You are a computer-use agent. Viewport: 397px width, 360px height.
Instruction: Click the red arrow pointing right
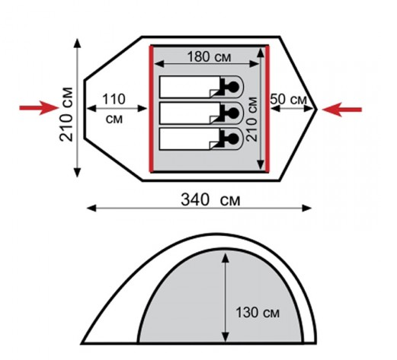coord(39,108)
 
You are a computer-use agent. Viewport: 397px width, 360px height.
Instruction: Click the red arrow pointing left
coord(342,110)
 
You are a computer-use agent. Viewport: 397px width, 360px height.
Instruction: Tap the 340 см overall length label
coord(210,199)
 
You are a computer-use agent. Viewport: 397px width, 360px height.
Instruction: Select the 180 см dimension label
coord(210,57)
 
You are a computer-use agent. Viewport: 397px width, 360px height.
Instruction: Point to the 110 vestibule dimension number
coord(114,99)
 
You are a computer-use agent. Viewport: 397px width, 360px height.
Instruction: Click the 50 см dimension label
coord(289,99)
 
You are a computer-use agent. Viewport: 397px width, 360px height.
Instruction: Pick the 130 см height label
coord(258,312)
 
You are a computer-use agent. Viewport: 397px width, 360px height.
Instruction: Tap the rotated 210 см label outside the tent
coord(66,114)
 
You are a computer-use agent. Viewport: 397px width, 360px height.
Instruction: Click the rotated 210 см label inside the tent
coord(252,119)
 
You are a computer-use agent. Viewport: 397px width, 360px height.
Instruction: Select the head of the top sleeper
coord(233,87)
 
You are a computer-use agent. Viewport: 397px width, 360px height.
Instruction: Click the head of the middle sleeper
coord(233,113)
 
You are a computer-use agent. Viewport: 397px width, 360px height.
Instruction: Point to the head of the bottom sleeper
coord(233,139)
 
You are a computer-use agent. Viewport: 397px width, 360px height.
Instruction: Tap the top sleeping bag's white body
coord(190,87)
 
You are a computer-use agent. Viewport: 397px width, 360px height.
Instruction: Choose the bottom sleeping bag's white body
coord(190,139)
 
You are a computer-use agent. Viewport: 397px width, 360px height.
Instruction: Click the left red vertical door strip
coord(152,109)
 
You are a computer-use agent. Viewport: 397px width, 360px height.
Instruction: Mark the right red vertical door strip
coord(267,109)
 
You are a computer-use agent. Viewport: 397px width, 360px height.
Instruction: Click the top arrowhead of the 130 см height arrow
coord(226,257)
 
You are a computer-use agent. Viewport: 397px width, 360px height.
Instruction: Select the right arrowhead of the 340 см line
coord(306,209)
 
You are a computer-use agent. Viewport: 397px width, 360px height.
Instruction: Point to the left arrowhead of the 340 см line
coord(91,209)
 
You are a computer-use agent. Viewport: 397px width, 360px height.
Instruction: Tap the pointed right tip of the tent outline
coord(316,110)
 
